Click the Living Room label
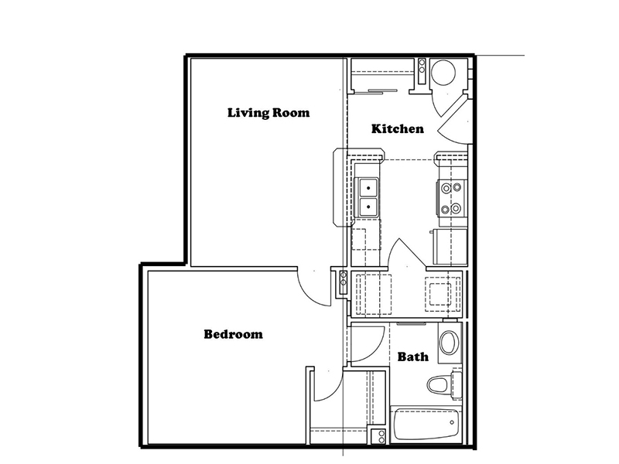(x=268, y=113)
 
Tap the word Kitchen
(x=398, y=128)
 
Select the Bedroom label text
(x=234, y=334)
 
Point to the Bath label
(x=413, y=357)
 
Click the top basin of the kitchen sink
(x=368, y=188)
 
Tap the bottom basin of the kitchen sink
(x=368, y=206)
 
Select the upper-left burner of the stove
(x=446, y=188)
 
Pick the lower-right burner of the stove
(x=457, y=207)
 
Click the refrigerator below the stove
(x=450, y=247)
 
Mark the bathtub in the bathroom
(x=426, y=425)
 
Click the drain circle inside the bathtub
(x=452, y=422)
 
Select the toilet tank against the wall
(x=457, y=384)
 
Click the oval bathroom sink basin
(x=449, y=343)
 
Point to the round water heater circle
(x=443, y=73)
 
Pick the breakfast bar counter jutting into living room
(x=340, y=187)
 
